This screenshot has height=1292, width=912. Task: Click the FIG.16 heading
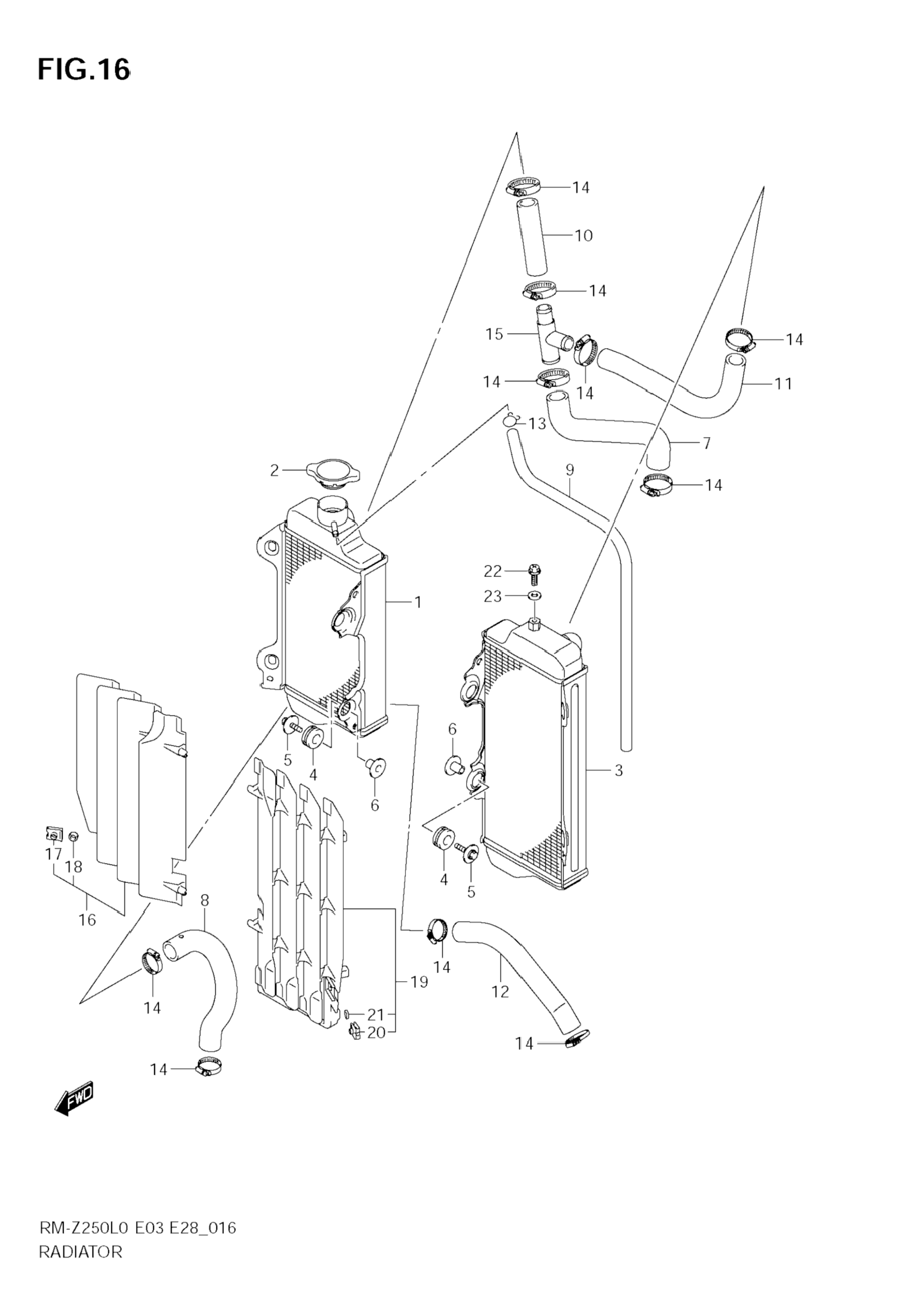pos(84,69)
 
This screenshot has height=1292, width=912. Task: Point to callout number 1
pos(418,602)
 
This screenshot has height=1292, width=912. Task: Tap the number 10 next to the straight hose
pos(584,235)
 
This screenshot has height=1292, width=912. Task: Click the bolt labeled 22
pos(534,575)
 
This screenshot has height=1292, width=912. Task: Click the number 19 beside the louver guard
pos(420,982)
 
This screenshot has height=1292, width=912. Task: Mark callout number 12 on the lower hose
pos(500,991)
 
